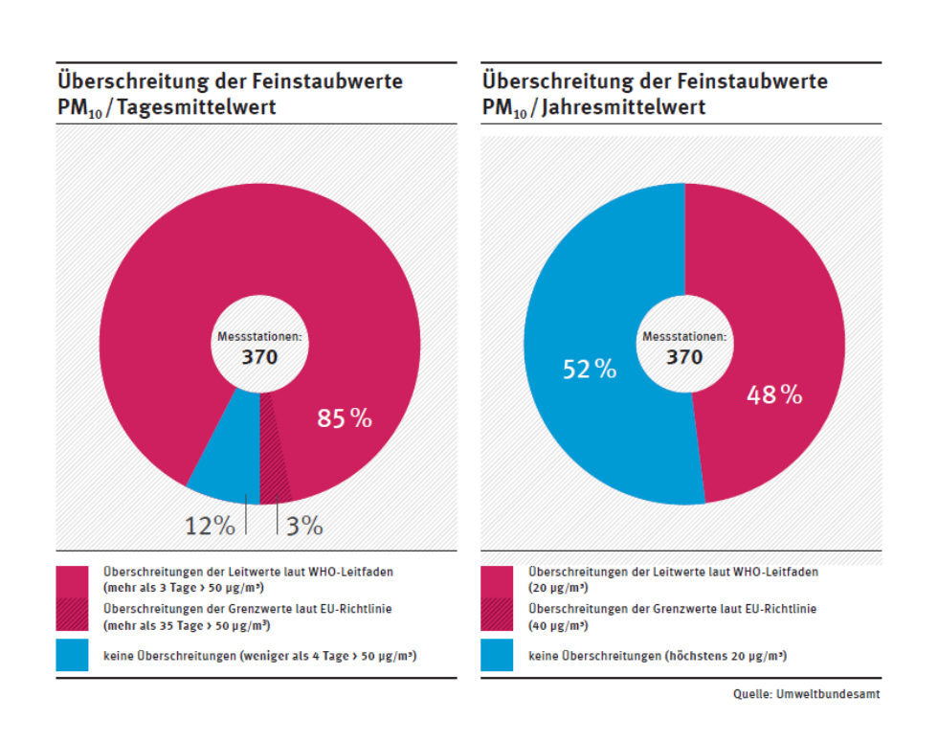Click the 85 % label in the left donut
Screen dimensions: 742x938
pyautogui.click(x=345, y=418)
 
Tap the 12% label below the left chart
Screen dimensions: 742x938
pyautogui.click(x=210, y=526)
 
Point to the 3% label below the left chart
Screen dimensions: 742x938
pyautogui.click(x=304, y=526)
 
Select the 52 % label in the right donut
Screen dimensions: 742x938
pyautogui.click(x=590, y=369)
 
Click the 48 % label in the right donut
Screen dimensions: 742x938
pyautogui.click(x=774, y=393)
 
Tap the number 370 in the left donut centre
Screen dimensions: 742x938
pyautogui.click(x=258, y=358)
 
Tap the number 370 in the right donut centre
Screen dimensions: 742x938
pyautogui.click(x=684, y=357)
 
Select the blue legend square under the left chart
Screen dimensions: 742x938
pyautogui.click(x=72, y=656)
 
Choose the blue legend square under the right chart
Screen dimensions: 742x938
pyautogui.click(x=497, y=656)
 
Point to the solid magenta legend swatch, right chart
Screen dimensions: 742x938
pyautogui.click(x=497, y=579)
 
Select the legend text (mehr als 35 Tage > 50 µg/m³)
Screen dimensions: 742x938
pyautogui.click(x=186, y=626)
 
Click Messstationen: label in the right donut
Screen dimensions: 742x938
pyautogui.click(x=684, y=337)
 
